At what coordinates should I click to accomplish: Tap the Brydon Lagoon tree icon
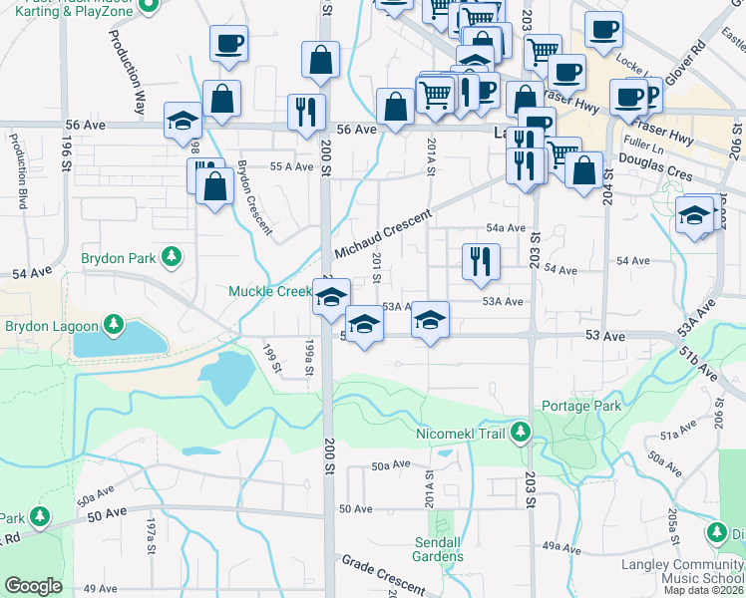coord(115,326)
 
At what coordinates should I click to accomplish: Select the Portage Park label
coord(581,406)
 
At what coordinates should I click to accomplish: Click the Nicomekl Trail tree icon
coord(520,433)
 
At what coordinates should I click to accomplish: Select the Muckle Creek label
coord(270,292)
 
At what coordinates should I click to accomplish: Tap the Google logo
coord(33,586)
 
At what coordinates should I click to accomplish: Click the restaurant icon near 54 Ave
coord(481,261)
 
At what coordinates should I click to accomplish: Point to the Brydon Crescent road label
coord(254,196)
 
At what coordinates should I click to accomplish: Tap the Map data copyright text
coord(704,590)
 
